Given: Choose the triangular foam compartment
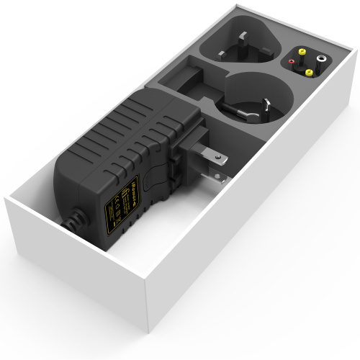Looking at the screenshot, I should (x=238, y=47).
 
